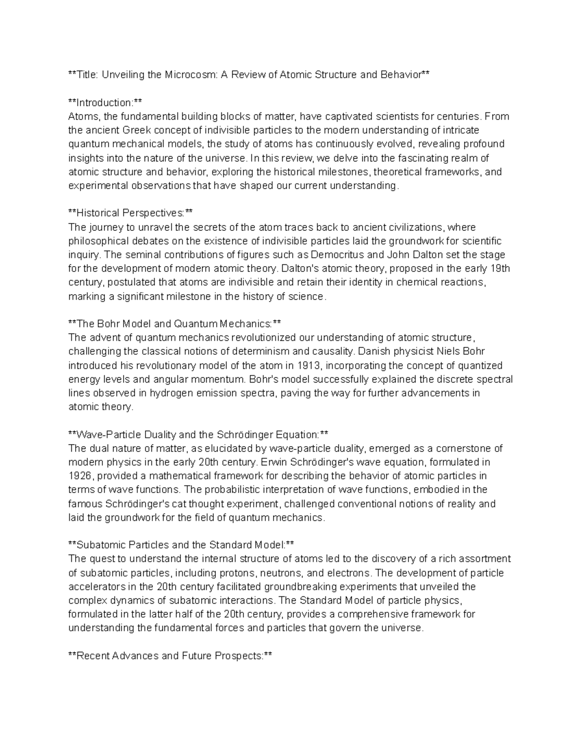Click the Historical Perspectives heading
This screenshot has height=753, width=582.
130,213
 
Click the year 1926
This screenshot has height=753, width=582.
79,476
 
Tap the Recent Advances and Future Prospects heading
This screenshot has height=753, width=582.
170,656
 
